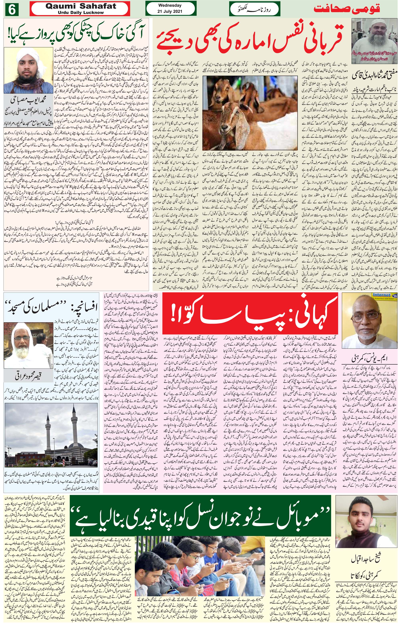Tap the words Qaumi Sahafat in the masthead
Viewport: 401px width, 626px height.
coord(81,6)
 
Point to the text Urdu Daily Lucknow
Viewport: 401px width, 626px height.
coord(81,12)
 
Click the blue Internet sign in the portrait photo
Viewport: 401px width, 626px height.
coord(382,295)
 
